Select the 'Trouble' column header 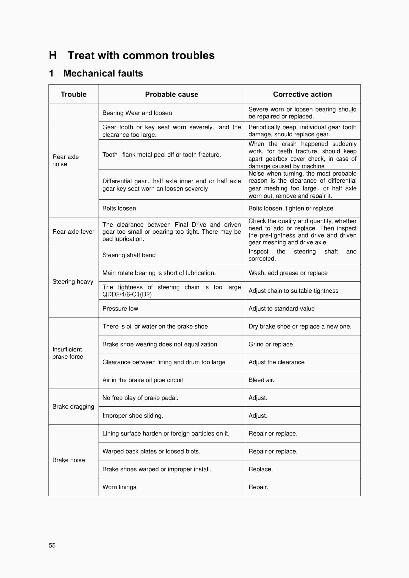coord(74,94)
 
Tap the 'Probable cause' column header coord(172,94)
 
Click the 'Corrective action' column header coord(302,94)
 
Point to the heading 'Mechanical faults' coord(103,73)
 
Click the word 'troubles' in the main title coord(193,55)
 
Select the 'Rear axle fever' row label coord(73,232)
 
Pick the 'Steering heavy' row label coord(73,281)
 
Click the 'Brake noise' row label coord(69,460)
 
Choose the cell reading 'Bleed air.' coord(261,380)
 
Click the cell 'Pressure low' coord(120,309)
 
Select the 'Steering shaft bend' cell coord(129,255)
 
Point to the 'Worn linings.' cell coord(120,487)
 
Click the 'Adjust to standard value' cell coord(282,309)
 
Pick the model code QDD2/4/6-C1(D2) coord(127,294)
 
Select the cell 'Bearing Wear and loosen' coord(137,113)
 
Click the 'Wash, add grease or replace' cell coord(288,273)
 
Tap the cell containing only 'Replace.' coord(261,469)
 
